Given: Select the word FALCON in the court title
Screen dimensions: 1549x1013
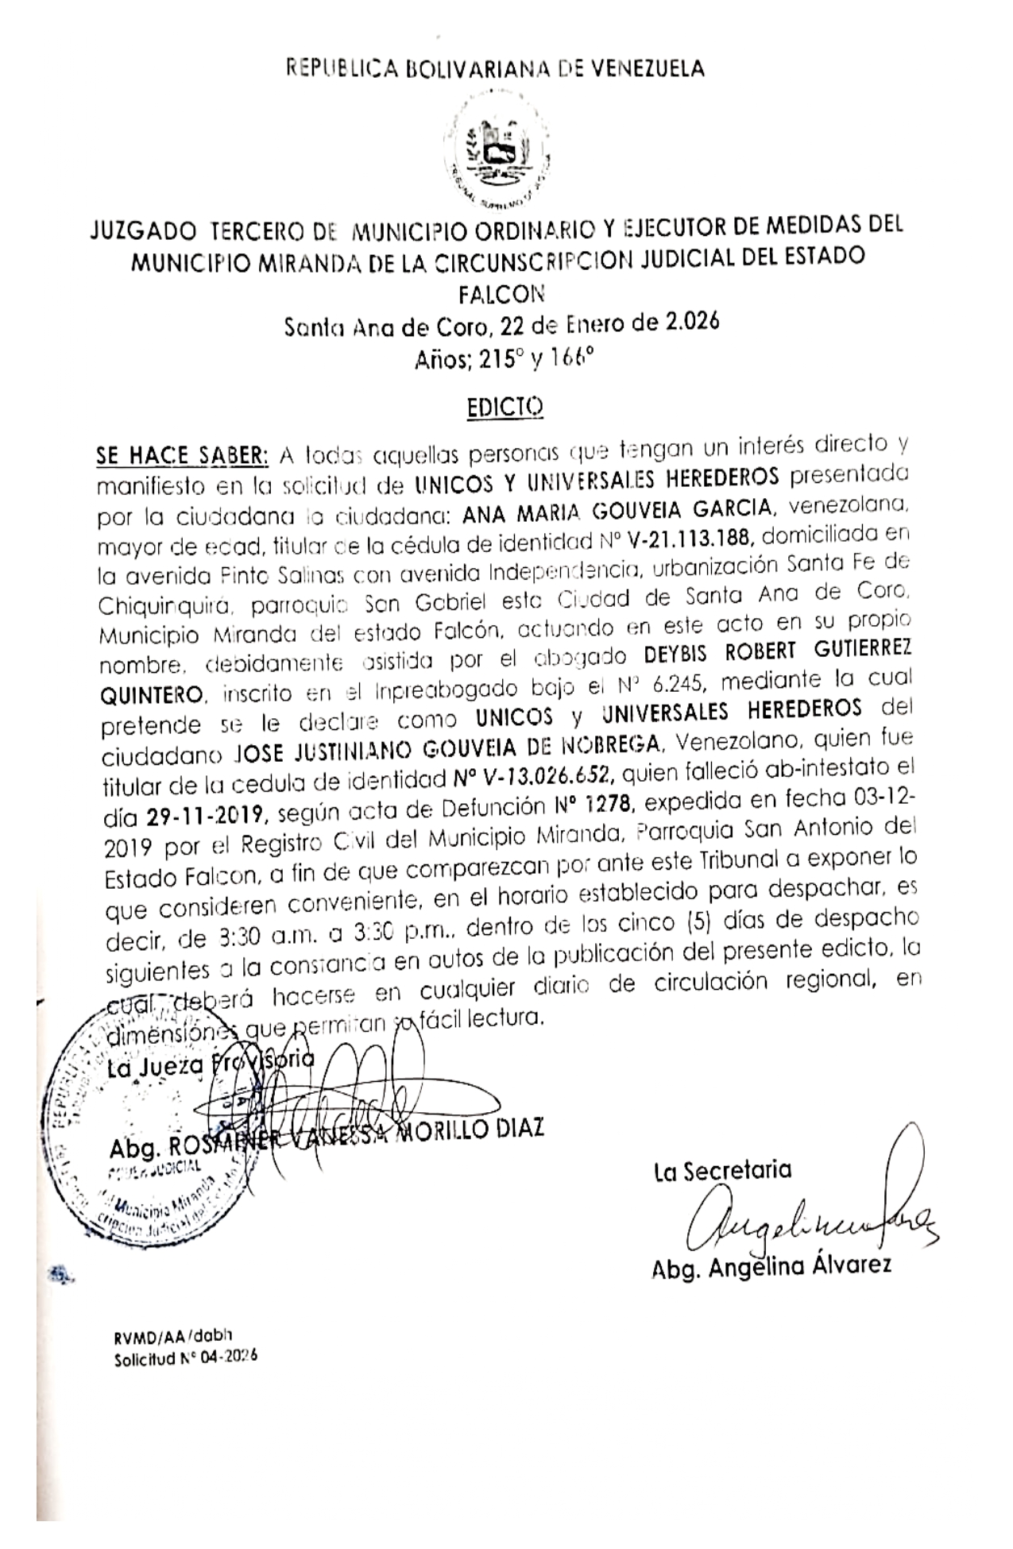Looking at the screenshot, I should point(502,294).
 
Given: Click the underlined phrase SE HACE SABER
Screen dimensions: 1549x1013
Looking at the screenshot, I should point(183,456).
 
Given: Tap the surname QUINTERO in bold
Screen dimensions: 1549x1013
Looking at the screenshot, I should point(152,697).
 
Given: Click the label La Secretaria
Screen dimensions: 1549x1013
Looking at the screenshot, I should point(722,1169).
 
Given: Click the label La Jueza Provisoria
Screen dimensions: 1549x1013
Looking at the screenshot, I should point(211,1066).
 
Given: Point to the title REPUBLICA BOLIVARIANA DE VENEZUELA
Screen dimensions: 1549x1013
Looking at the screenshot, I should point(496,69).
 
